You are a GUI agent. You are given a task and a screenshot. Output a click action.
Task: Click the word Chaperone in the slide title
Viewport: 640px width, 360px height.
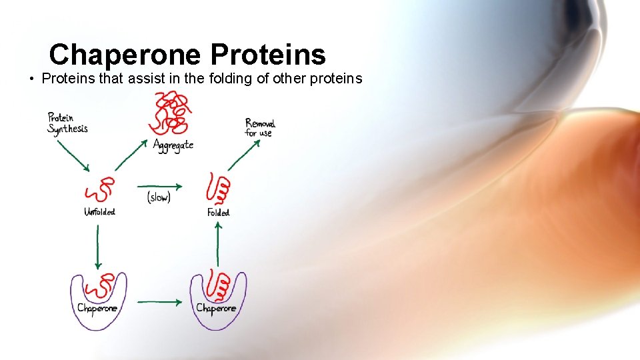[124, 55]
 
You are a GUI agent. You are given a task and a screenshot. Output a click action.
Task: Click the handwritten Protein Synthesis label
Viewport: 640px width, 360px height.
[67, 123]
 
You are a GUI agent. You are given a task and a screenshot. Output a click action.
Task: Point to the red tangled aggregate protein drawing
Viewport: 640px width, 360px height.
[172, 113]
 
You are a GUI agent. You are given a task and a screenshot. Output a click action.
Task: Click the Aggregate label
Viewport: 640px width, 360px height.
[173, 145]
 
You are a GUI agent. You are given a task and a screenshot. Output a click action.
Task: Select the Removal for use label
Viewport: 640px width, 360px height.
[259, 127]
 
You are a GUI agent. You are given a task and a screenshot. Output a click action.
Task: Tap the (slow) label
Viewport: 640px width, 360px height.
[159, 197]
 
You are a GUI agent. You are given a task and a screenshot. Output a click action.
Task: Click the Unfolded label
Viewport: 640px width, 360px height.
[99, 212]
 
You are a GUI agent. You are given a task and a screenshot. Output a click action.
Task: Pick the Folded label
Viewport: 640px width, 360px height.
[218, 213]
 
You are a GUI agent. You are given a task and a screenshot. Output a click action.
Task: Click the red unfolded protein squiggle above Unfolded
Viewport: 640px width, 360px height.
[99, 191]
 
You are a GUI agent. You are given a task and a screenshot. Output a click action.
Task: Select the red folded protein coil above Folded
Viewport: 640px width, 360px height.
[219, 189]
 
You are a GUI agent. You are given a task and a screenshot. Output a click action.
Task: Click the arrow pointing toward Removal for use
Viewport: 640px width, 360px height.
[244, 154]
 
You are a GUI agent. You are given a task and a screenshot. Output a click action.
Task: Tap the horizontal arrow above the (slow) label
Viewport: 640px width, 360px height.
[159, 186]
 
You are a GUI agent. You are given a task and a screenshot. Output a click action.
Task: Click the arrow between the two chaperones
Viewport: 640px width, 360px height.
[159, 302]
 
